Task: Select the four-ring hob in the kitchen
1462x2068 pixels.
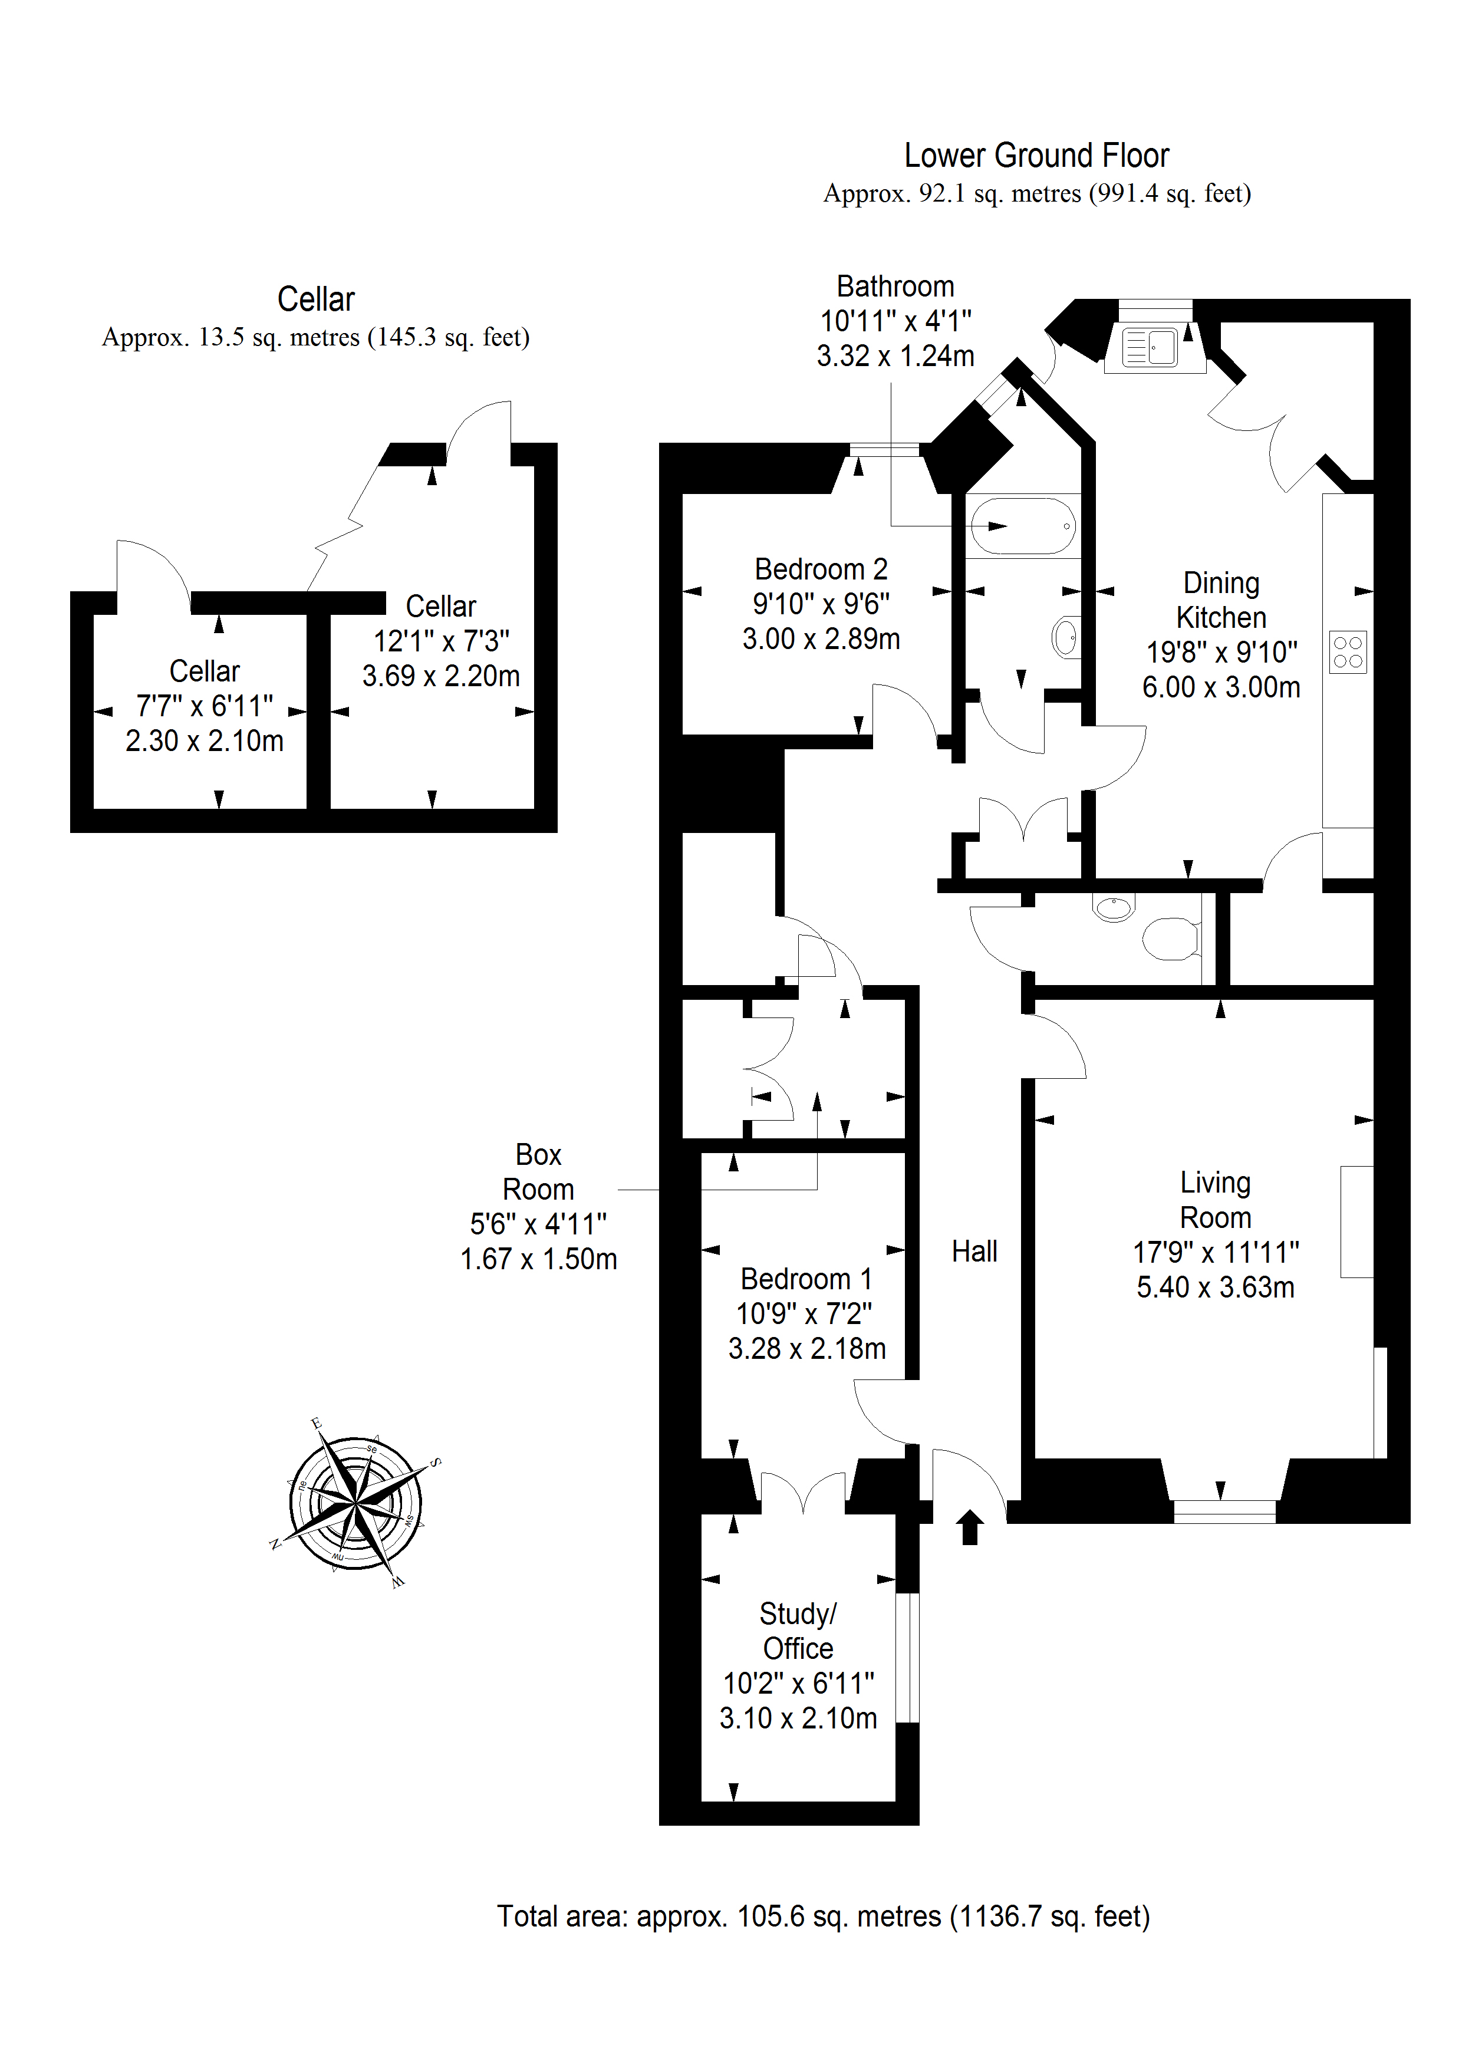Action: pos(1348,652)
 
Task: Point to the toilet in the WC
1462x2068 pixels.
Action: pos(1170,938)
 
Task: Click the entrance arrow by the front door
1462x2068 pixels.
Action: pos(970,1527)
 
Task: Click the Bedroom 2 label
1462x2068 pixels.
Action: pos(821,569)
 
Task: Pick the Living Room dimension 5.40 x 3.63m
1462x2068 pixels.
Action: pos(1215,1287)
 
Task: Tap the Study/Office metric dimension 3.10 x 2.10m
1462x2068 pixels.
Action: pos(798,1718)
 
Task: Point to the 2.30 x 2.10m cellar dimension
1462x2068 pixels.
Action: pos(205,740)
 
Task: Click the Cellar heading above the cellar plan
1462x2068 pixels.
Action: pos(315,299)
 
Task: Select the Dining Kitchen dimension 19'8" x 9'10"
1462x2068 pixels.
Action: pos(1221,652)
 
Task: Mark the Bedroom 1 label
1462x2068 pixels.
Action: pos(806,1279)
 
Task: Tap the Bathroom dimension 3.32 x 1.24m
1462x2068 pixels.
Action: pos(895,356)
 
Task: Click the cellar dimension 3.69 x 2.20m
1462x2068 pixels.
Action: pos(440,676)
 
